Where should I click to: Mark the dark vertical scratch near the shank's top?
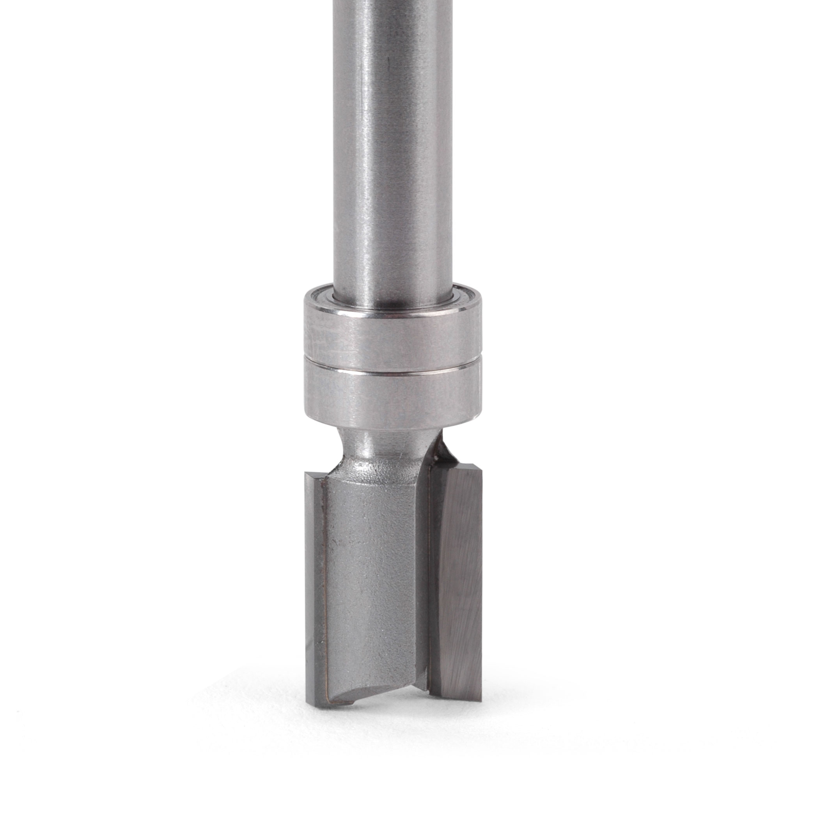(x=388, y=68)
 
